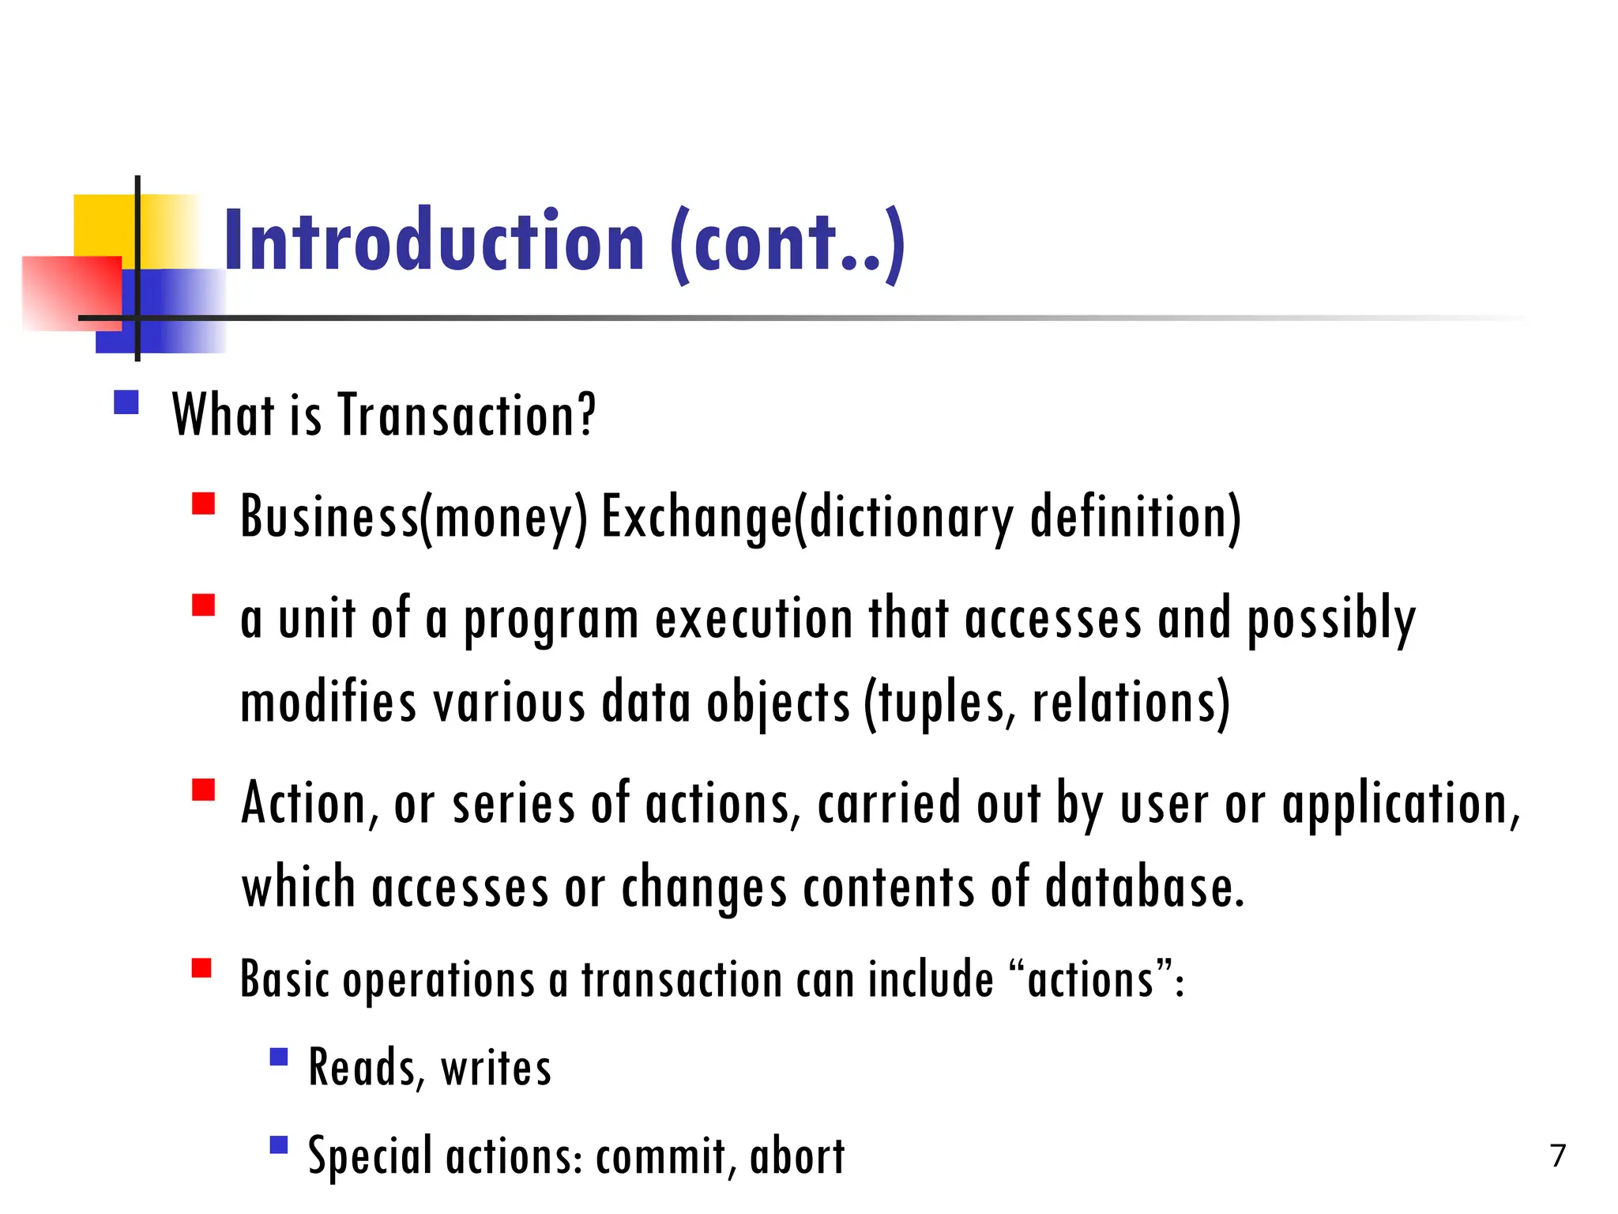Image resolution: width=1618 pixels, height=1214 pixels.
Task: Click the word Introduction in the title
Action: (435, 240)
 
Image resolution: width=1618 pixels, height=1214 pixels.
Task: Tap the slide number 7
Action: (1558, 1156)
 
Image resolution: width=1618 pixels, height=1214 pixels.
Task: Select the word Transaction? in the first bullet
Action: (467, 415)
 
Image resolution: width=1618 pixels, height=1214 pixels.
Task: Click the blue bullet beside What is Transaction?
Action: (126, 402)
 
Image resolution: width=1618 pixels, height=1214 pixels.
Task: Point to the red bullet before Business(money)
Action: (204, 504)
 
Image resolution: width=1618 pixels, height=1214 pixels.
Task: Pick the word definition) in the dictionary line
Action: (1135, 518)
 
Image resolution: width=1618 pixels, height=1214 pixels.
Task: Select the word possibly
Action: (1331, 620)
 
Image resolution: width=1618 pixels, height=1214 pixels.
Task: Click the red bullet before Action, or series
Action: (204, 790)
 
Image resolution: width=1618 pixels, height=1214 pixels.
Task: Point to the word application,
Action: (1401, 805)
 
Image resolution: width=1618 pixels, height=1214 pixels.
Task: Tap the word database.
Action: (1145, 887)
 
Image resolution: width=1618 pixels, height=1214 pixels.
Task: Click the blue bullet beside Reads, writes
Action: (279, 1058)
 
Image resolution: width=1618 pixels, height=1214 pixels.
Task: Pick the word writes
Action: (496, 1068)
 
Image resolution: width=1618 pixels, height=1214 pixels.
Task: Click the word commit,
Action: (661, 1156)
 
